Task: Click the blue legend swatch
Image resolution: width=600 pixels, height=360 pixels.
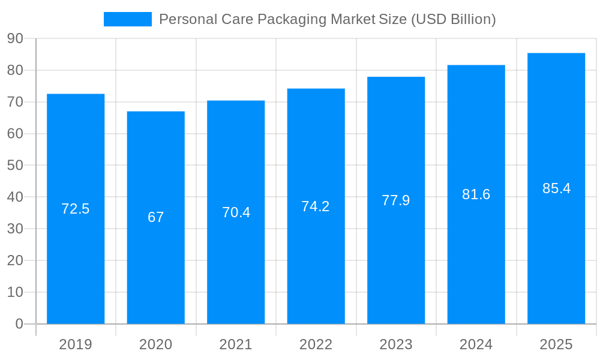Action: (127, 19)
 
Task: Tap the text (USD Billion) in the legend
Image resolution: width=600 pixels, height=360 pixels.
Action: (453, 19)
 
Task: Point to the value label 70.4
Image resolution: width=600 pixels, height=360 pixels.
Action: (236, 212)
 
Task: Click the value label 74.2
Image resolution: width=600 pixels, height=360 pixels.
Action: (316, 206)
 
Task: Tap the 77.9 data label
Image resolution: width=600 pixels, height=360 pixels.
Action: (396, 200)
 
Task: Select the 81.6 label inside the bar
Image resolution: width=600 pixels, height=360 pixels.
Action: (476, 194)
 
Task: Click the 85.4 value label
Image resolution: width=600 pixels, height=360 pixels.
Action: (556, 188)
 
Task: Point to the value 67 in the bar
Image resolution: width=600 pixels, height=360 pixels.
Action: (156, 217)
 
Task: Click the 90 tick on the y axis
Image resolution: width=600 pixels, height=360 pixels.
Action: (15, 38)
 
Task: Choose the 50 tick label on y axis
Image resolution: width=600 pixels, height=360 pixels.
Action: (15, 165)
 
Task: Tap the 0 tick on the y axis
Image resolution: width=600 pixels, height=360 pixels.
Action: (19, 324)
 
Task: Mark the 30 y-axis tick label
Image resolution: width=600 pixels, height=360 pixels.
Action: (15, 229)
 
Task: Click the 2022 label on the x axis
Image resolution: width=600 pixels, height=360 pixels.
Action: (316, 344)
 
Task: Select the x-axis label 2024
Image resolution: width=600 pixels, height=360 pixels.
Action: (476, 344)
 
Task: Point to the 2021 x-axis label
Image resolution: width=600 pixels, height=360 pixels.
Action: (236, 344)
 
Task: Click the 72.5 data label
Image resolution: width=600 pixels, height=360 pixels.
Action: (76, 209)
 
